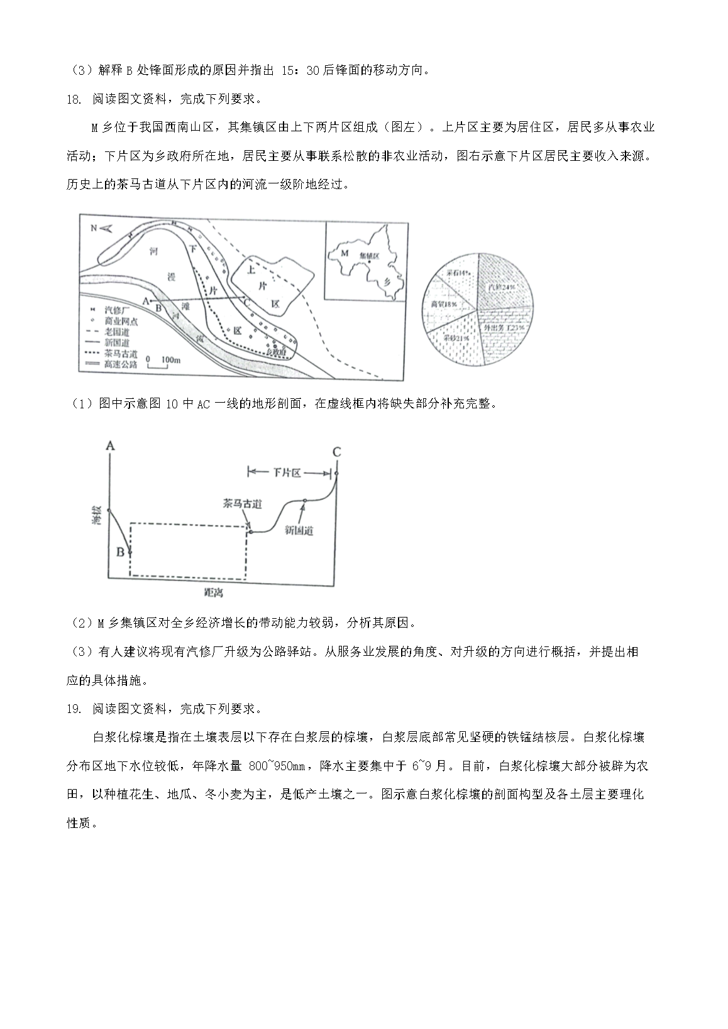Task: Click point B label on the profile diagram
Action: click(120, 552)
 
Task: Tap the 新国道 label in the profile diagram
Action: click(299, 530)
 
